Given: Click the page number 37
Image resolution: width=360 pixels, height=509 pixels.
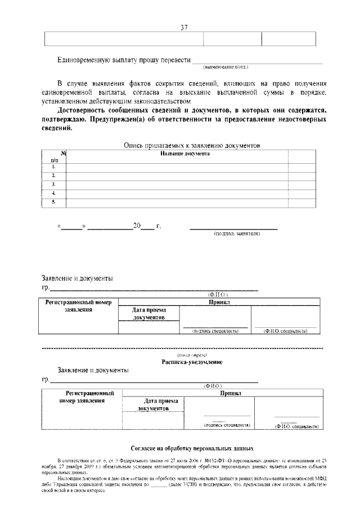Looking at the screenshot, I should (183, 28).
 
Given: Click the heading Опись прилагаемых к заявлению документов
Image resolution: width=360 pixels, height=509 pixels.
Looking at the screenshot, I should (192, 145).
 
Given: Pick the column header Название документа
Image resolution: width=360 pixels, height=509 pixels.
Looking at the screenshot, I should (185, 154).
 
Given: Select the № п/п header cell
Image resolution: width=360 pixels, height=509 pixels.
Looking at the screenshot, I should (56, 157).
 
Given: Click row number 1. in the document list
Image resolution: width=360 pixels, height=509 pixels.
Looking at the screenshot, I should (53, 166).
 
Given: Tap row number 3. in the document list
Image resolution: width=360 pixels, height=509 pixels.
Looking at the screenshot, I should (53, 184).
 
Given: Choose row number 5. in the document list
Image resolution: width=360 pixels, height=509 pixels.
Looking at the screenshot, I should (53, 201).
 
